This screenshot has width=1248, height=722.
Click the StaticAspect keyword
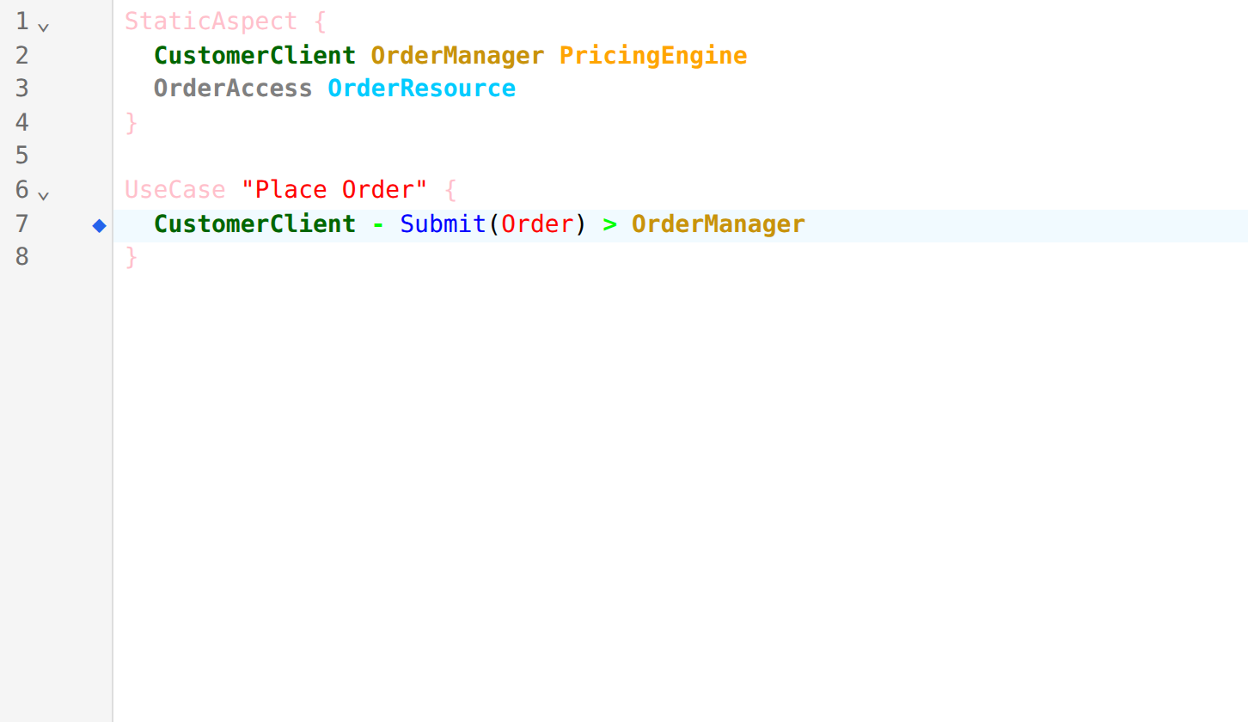click(211, 21)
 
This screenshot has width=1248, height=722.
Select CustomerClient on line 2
click(254, 55)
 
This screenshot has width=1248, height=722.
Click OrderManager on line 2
click(457, 56)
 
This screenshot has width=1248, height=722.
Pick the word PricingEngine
click(653, 56)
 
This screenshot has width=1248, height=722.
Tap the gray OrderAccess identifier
click(232, 89)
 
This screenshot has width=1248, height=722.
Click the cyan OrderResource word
click(421, 89)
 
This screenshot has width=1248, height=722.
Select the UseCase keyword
click(175, 190)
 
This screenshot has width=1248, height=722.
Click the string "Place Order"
click(334, 189)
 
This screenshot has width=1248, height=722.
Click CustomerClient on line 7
click(254, 224)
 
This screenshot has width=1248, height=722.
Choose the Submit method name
click(443, 224)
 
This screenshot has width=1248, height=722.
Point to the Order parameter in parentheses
click(537, 224)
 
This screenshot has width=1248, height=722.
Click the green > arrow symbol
click(609, 225)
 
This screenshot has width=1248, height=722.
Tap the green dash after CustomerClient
click(378, 225)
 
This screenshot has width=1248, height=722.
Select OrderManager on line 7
click(719, 224)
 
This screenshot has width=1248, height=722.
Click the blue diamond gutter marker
click(99, 225)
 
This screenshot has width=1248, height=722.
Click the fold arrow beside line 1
click(44, 27)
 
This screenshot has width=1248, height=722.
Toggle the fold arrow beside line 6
click(44, 196)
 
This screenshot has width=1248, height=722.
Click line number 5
click(21, 156)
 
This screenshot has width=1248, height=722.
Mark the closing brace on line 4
click(131, 123)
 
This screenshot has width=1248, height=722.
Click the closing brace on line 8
click(131, 257)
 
